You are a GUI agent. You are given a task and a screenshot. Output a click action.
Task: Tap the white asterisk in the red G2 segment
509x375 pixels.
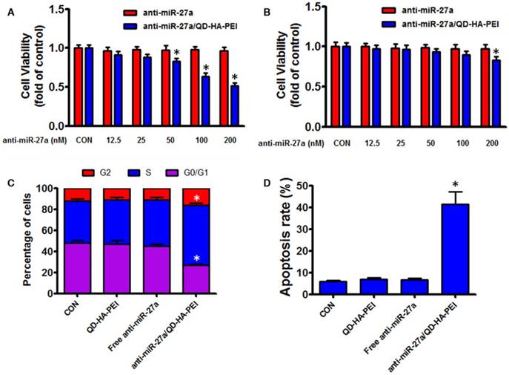(197, 198)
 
